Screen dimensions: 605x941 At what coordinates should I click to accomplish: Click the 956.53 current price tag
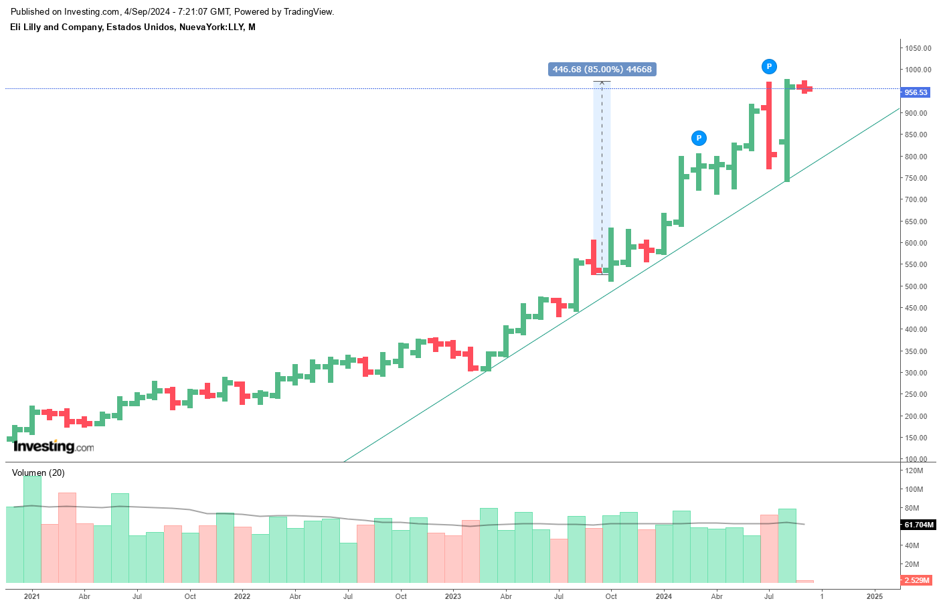(916, 92)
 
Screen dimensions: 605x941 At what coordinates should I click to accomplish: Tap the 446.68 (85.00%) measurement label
(602, 69)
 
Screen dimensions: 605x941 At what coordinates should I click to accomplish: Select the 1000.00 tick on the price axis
(918, 70)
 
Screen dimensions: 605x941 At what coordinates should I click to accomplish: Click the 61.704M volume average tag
(918, 525)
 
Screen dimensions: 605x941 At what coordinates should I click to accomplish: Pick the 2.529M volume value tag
(916, 580)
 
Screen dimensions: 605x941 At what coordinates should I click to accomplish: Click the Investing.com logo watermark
(54, 446)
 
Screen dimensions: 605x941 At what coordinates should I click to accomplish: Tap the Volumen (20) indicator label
(38, 472)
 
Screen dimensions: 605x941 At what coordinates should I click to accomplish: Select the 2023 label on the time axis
(453, 596)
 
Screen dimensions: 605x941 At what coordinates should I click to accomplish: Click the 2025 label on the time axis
(875, 596)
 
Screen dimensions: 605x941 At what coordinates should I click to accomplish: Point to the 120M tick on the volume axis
(914, 470)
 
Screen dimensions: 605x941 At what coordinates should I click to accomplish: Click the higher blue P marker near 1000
(769, 66)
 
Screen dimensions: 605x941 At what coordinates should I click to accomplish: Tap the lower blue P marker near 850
(698, 138)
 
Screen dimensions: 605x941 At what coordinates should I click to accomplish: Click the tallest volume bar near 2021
(32, 529)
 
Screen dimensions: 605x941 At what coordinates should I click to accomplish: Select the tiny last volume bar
(804, 582)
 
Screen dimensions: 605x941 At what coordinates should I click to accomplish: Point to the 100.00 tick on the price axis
(917, 459)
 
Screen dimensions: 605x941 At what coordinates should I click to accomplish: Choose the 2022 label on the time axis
(242, 596)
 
